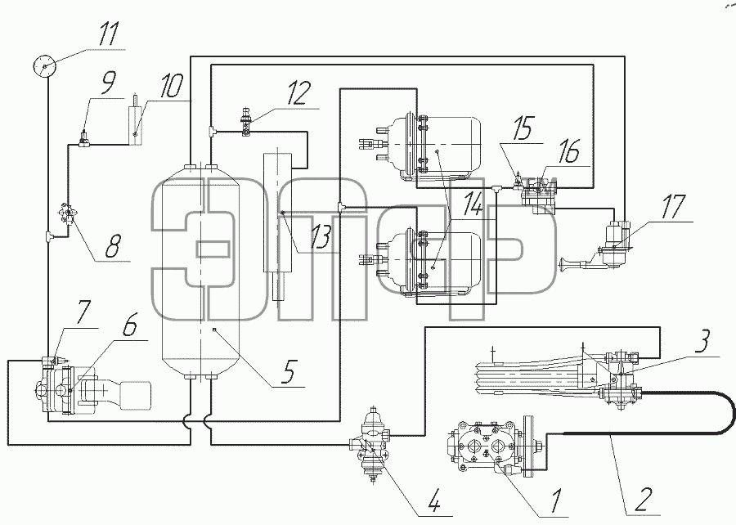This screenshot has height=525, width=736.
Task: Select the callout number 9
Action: point(107,83)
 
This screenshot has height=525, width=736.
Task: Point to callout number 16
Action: point(569,151)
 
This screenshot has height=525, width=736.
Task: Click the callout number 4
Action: point(433,502)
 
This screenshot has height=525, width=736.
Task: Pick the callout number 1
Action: point(556,500)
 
